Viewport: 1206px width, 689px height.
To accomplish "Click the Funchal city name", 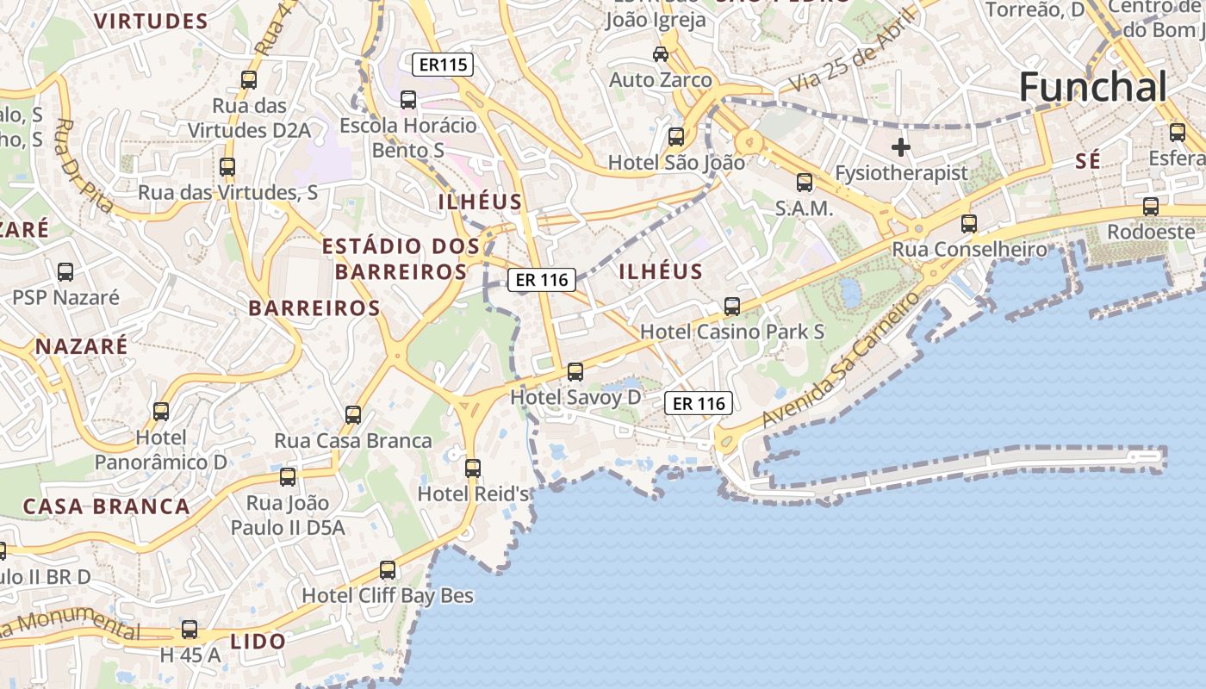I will coord(1093,87).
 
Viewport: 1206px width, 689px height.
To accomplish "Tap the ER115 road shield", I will coord(444,64).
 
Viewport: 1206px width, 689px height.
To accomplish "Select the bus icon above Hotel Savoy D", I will coord(575,372).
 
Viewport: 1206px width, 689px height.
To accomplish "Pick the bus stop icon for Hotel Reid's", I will coord(472,469).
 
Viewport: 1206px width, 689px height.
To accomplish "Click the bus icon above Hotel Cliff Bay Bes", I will coord(388,570).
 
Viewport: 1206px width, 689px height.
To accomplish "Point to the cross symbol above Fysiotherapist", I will coord(901,147).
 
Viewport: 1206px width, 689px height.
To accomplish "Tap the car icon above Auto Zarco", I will coord(661,54).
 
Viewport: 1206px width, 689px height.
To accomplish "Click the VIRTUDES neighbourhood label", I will coord(151,22).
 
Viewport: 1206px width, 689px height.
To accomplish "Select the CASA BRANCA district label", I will coord(106,506).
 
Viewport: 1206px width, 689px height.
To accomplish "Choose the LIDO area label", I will coord(258,642).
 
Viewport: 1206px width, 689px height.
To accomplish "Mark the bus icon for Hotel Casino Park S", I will coord(732,306).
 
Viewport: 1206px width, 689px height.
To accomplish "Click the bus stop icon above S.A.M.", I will coord(804,183).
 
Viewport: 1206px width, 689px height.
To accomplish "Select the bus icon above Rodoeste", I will coord(1151,207).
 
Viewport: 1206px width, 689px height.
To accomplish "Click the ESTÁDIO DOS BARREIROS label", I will coord(401,259).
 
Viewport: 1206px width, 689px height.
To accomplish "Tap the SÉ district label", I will coord(1089,162).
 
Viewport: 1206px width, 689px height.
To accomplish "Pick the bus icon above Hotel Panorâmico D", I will coord(161,412).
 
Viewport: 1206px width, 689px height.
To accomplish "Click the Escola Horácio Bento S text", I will coord(408,138).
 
